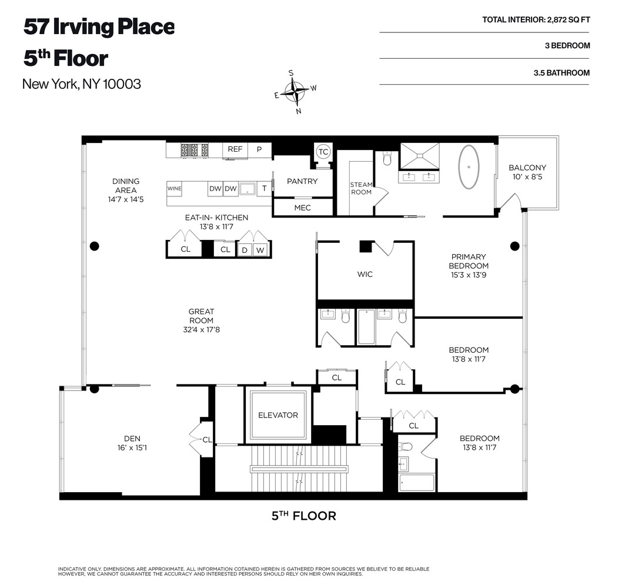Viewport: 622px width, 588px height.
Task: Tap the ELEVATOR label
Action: coord(278,415)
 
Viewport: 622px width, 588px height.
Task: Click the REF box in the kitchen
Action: coord(235,149)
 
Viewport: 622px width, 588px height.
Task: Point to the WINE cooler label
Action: coord(175,189)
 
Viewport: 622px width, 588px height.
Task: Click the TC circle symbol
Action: coord(323,151)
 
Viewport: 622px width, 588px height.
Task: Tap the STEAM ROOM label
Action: coord(361,188)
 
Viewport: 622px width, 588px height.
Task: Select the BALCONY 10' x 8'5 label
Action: coord(527,172)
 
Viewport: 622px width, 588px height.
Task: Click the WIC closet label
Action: coord(364,274)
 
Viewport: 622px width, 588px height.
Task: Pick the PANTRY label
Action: coord(302,181)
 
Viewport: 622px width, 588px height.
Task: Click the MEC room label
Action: coord(302,208)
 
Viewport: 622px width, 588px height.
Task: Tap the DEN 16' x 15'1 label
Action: coord(132,442)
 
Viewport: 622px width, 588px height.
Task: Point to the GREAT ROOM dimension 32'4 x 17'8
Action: coord(201,330)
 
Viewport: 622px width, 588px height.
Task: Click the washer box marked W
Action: coord(260,250)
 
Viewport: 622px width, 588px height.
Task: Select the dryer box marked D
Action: coord(245,250)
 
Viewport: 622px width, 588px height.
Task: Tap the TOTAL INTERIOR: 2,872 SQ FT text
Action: coord(536,19)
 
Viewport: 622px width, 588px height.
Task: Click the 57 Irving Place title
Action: coord(99,27)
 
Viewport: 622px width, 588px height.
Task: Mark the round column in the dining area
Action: coord(94,246)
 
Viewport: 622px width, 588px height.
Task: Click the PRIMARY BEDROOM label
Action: coord(468,261)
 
